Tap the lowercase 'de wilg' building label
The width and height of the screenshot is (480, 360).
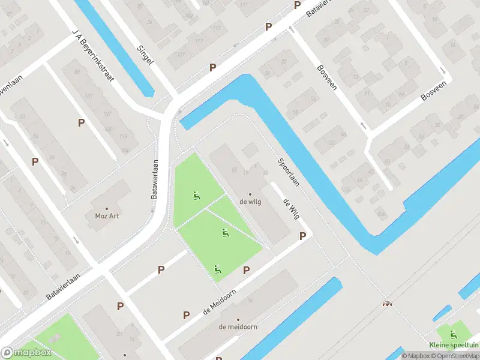[x=250, y=202]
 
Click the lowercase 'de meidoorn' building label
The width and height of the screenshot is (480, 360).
[x=238, y=327]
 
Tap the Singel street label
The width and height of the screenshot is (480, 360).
[x=145, y=55]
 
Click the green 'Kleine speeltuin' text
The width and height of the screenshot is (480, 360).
[x=454, y=345]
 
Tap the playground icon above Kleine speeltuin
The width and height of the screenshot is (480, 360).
[x=452, y=332]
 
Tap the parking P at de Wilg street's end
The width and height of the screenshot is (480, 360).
[x=302, y=236]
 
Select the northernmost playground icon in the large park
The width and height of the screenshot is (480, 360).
[x=196, y=195]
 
